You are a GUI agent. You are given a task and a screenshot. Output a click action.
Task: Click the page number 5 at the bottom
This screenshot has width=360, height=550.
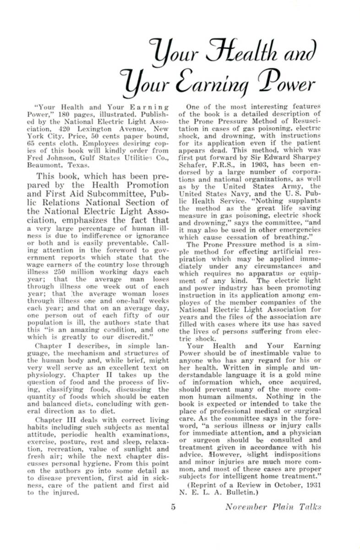point(173,506)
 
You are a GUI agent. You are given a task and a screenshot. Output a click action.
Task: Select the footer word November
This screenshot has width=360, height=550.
point(241,506)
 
